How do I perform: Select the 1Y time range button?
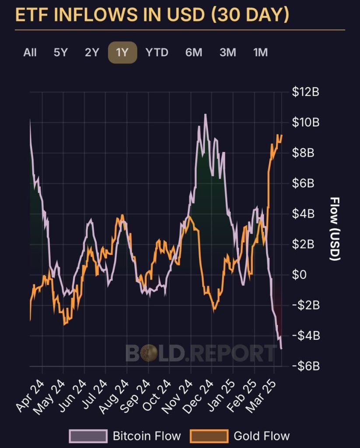122,52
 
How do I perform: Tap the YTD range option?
157,52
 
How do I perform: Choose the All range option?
30,52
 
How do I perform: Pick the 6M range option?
193,52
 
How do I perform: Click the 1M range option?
260,52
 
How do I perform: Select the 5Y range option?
61,52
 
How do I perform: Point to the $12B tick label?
305,92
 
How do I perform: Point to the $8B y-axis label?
303,153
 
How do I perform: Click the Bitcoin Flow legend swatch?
88,436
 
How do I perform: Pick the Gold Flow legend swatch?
209,436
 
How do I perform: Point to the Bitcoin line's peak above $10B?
205,115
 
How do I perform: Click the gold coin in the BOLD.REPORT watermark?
149,353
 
